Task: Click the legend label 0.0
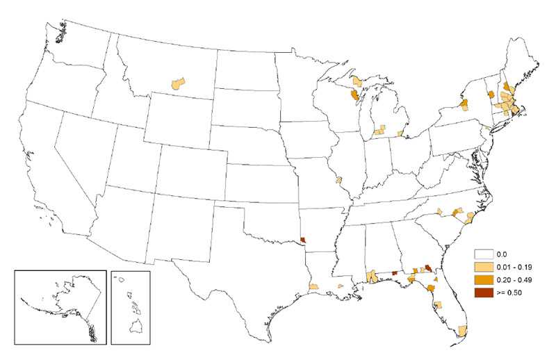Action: (502, 255)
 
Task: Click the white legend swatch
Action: (483, 255)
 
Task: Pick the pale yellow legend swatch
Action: (483, 267)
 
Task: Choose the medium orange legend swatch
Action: (483, 279)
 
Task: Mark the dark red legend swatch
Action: (483, 292)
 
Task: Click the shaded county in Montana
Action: (179, 83)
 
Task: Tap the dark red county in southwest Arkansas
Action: (301, 242)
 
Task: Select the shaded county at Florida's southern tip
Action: (463, 329)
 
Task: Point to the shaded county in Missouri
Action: (338, 179)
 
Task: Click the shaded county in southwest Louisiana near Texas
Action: (313, 286)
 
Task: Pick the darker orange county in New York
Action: (464, 105)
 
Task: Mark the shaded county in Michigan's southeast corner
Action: (400, 132)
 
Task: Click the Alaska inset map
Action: (60, 306)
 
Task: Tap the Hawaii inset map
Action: (130, 306)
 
